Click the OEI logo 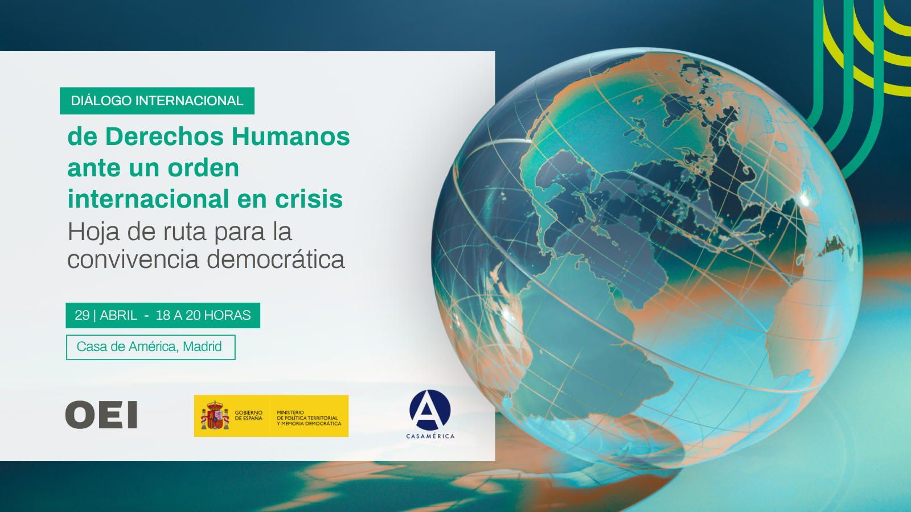(x=101, y=415)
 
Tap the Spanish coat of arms (x=215, y=415)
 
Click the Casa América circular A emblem (x=430, y=410)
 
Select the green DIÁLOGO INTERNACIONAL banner (x=157, y=101)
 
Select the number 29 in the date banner (x=82, y=315)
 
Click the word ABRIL (x=118, y=315)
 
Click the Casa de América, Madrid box (x=150, y=348)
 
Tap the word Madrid (x=202, y=346)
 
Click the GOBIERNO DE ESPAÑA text (x=248, y=415)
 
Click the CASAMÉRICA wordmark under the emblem (x=430, y=436)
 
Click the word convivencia (x=133, y=259)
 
